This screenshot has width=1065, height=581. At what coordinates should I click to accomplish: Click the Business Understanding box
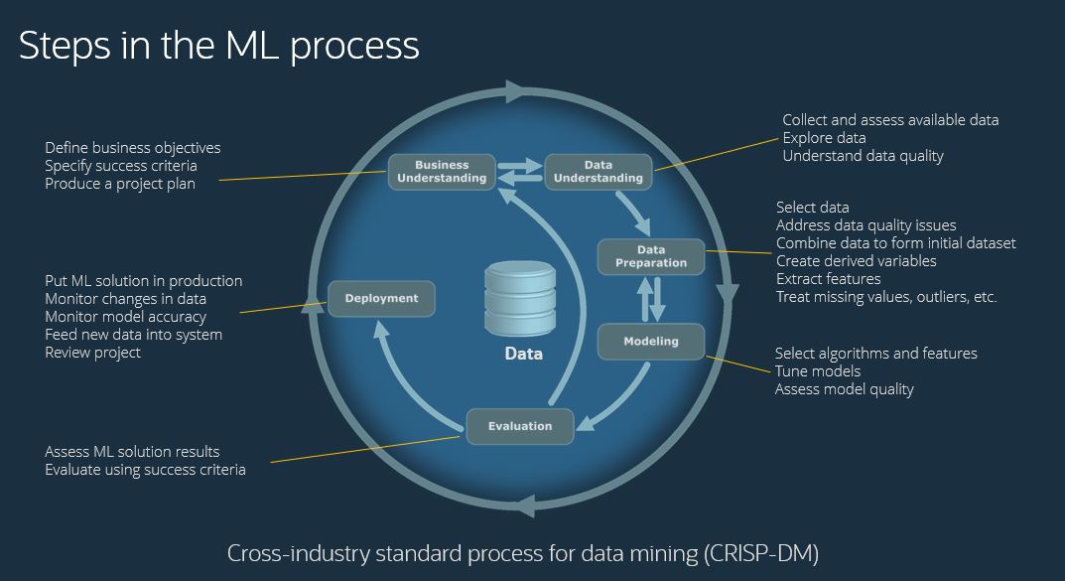pyautogui.click(x=442, y=171)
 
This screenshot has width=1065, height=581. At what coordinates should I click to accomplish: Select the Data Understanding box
pyautogui.click(x=598, y=171)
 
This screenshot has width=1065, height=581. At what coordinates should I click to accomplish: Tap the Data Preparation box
pyautogui.click(x=650, y=256)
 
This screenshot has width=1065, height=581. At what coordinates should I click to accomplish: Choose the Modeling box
pyautogui.click(x=650, y=342)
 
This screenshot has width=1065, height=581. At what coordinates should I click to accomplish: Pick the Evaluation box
pyautogui.click(x=519, y=426)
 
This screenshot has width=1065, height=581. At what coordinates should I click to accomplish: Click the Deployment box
pyautogui.click(x=381, y=298)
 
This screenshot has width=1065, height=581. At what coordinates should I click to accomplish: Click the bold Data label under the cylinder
pyautogui.click(x=523, y=354)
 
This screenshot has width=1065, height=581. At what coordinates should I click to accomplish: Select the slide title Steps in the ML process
pyautogui.click(x=218, y=46)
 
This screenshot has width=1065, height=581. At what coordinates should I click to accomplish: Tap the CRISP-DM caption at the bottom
pyautogui.click(x=522, y=552)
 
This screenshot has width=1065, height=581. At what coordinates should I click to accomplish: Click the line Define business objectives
pyautogui.click(x=133, y=148)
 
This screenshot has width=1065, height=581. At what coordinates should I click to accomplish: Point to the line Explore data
pyautogui.click(x=824, y=138)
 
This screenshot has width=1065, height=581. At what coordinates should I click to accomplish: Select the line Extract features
pyautogui.click(x=828, y=279)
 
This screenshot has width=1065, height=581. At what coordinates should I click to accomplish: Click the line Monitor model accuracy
pyautogui.click(x=125, y=317)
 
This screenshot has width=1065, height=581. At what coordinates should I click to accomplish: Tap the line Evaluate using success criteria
pyautogui.click(x=145, y=469)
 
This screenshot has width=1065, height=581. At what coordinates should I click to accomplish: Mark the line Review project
pyautogui.click(x=92, y=353)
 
